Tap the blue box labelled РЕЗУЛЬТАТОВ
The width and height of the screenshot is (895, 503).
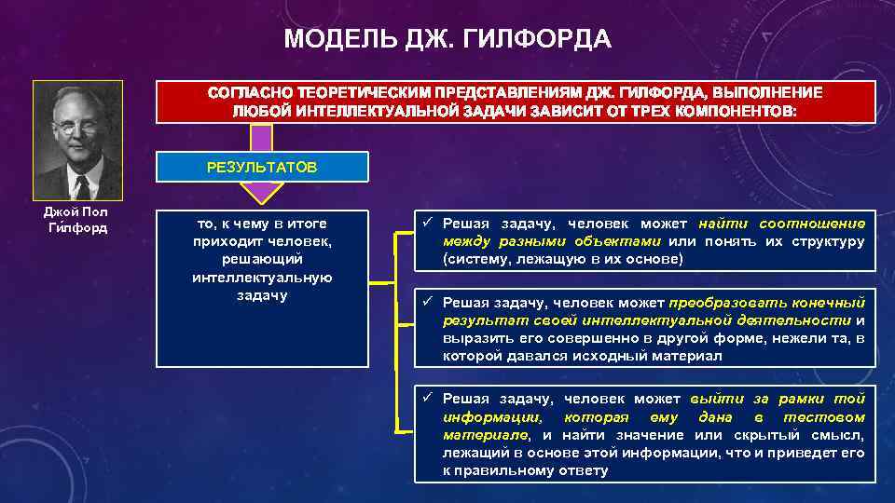pos(262,167)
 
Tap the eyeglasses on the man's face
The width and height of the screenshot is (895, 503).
pos(76,127)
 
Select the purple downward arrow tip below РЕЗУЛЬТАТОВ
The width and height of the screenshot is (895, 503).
pos(262,194)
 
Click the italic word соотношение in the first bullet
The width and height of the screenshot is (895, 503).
pos(811,224)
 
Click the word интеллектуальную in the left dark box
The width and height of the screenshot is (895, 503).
pos(262,278)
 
